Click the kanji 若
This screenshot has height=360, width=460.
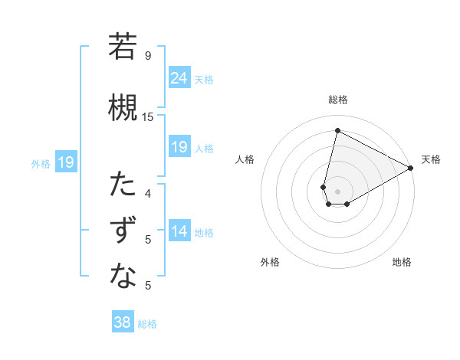[x=123, y=47]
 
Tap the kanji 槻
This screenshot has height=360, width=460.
[x=123, y=108]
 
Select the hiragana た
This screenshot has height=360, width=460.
[x=123, y=185]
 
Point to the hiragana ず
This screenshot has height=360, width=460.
[x=123, y=231]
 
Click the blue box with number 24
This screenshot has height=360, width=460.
[x=179, y=78]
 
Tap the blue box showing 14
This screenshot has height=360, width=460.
[x=179, y=232]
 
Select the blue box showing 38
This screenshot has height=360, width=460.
[x=122, y=323]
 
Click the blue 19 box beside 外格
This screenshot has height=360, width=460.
[x=65, y=162]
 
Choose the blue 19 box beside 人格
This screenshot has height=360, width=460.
[x=179, y=147]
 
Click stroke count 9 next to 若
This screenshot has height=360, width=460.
[x=148, y=56]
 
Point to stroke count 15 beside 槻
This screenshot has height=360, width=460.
[x=148, y=117]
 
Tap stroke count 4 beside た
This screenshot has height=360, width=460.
[x=148, y=194]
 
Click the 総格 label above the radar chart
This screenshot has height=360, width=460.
[x=337, y=100]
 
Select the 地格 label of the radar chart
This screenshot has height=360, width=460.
[x=402, y=262]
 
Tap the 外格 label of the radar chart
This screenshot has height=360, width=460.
[x=270, y=262]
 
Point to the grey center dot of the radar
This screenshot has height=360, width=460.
[x=337, y=191]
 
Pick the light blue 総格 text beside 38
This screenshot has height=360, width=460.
[x=147, y=324]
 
